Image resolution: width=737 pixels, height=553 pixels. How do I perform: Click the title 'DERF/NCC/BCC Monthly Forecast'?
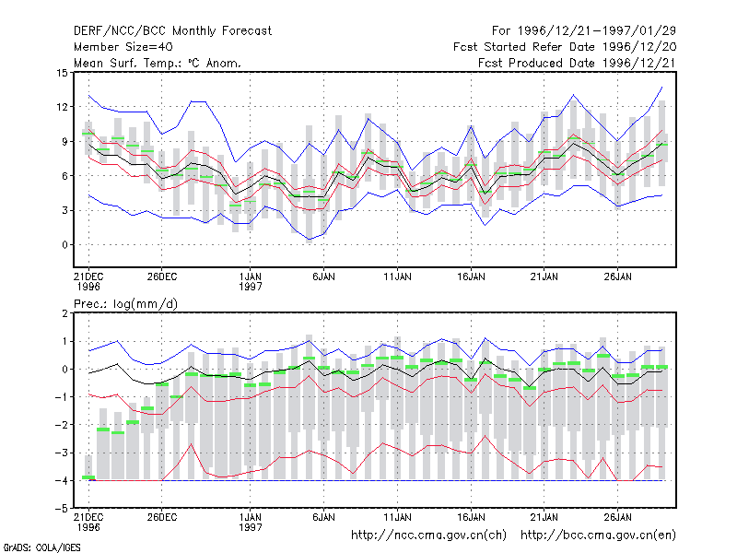[x=172, y=31]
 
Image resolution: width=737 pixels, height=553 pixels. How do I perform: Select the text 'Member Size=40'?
[x=123, y=47]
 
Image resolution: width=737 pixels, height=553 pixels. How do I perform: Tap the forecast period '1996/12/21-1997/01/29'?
[x=597, y=31]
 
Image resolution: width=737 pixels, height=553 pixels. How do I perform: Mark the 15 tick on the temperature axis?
[x=62, y=73]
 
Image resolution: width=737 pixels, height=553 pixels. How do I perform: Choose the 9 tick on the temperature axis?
[x=64, y=141]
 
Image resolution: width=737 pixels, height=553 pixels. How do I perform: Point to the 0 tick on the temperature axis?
[x=64, y=244]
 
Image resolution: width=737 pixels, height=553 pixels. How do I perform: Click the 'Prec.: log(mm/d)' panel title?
[x=125, y=304]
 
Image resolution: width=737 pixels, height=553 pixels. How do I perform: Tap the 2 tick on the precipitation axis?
[x=64, y=313]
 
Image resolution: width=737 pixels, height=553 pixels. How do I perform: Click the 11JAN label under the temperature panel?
[x=398, y=276]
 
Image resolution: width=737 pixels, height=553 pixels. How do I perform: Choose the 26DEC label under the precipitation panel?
[x=162, y=517]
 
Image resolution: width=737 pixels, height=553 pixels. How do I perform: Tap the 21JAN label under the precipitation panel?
[x=544, y=517]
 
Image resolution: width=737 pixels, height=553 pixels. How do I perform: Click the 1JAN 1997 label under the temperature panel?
[x=250, y=281]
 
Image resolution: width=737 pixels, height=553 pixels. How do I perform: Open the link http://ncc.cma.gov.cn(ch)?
[x=428, y=535]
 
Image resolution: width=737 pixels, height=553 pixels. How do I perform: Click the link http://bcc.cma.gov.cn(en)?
[x=598, y=535]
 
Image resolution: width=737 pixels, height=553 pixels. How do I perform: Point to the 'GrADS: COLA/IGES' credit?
[x=41, y=547]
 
